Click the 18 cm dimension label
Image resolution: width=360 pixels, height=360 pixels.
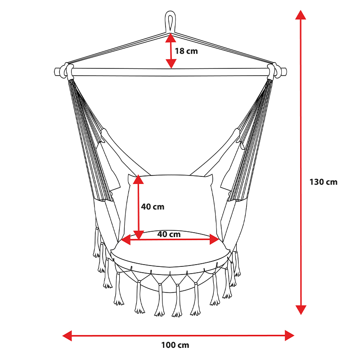(186, 51)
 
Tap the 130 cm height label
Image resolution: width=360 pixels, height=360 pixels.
(323, 182)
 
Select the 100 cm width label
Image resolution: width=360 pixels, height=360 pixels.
(175, 345)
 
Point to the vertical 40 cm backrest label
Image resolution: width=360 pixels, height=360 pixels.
(153, 207)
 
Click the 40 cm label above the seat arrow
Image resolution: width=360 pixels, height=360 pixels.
(169, 234)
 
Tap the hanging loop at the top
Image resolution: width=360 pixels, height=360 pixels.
(170, 22)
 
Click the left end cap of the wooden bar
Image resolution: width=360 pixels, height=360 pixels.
(57, 71)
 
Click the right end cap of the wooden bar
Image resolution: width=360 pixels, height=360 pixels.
(284, 72)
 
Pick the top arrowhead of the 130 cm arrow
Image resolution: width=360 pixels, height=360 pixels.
(301, 15)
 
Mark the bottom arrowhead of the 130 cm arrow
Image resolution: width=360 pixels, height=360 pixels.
(301, 310)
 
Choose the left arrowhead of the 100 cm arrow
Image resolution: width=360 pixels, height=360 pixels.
(67, 336)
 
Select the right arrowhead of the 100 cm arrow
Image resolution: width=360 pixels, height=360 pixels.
(289, 336)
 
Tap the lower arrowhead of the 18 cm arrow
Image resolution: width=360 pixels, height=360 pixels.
(171, 63)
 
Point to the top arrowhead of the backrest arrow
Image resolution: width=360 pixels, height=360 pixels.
(138, 179)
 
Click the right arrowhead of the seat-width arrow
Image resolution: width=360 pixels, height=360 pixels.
(215, 239)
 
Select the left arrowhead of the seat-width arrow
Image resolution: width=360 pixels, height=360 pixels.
(126, 240)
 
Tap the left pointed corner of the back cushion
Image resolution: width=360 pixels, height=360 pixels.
(129, 175)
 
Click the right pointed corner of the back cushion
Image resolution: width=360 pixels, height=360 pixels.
(212, 175)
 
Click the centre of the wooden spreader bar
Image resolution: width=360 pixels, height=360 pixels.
(171, 72)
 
